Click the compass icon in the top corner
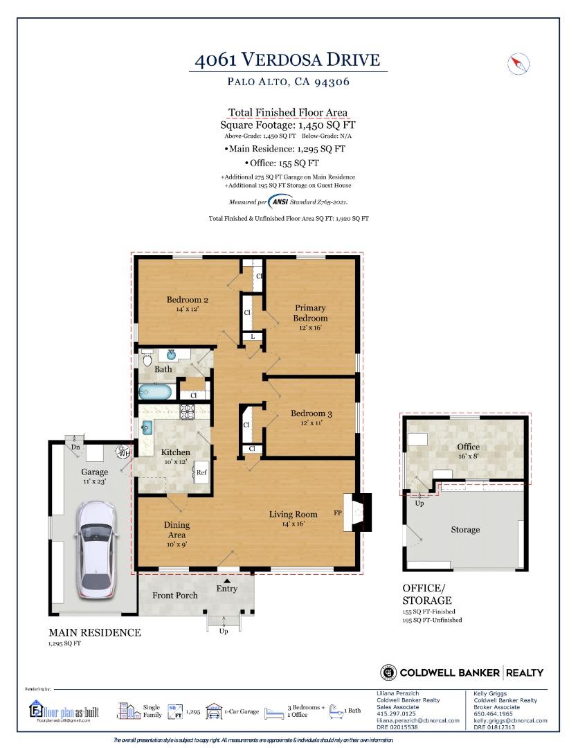point(518,64)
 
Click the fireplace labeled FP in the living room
point(356,513)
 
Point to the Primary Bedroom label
point(310,313)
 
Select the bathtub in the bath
point(154,392)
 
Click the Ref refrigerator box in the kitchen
point(201,473)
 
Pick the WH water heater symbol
point(123,453)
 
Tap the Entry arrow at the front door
point(227,580)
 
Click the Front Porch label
point(175,595)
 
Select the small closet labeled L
point(253,337)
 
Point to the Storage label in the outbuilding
point(464,530)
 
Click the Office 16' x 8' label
point(468,452)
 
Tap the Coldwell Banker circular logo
point(388,672)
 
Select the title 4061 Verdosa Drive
point(287,60)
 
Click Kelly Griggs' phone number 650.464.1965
point(493,713)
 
